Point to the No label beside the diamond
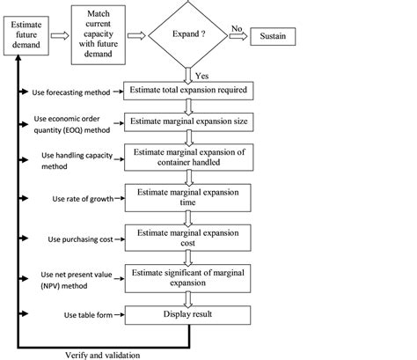[x=235, y=28]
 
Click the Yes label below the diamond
[x=202, y=77]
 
